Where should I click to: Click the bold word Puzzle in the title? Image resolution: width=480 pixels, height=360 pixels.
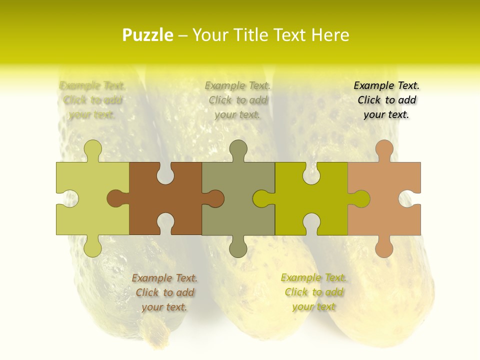(148, 35)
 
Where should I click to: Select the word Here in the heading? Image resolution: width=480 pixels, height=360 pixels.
(329, 35)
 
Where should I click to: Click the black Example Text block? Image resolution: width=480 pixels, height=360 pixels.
(386, 100)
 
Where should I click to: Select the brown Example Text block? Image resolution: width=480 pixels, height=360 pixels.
(164, 292)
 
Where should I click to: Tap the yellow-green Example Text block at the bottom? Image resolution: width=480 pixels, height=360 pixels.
(313, 292)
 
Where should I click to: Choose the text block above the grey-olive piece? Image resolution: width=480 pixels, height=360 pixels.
(237, 100)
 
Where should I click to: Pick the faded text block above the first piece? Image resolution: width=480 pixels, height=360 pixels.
(92, 100)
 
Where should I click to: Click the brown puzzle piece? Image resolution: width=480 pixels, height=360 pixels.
(165, 198)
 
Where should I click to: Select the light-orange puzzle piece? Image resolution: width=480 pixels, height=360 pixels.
(384, 198)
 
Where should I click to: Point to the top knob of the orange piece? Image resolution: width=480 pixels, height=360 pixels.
(384, 150)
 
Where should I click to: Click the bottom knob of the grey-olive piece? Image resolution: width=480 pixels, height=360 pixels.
(238, 247)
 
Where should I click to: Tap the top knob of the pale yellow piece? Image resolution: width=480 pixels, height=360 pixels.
(92, 150)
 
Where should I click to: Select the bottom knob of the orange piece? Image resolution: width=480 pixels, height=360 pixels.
(384, 247)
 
